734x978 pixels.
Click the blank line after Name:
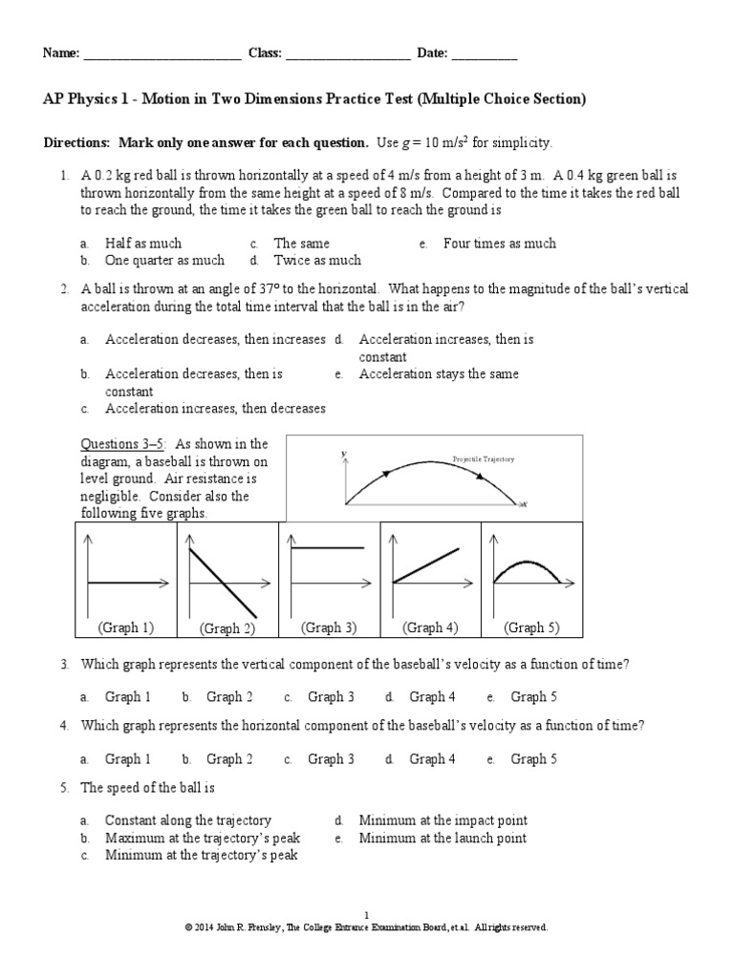(162, 55)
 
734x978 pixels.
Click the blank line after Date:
(484, 55)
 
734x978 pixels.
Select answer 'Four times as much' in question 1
(499, 244)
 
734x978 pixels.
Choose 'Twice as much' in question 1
(317, 260)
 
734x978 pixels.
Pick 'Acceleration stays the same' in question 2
(439, 374)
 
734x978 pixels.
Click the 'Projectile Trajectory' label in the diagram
(484, 459)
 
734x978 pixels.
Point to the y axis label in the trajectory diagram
(342, 455)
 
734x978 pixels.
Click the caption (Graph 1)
(125, 627)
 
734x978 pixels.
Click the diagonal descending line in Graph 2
(222, 582)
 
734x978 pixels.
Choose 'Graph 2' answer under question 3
(229, 697)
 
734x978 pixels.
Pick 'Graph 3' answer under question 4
(331, 759)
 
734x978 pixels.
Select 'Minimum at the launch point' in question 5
(443, 839)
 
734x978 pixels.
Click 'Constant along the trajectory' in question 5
(188, 820)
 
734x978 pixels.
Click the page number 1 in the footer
(366, 914)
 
